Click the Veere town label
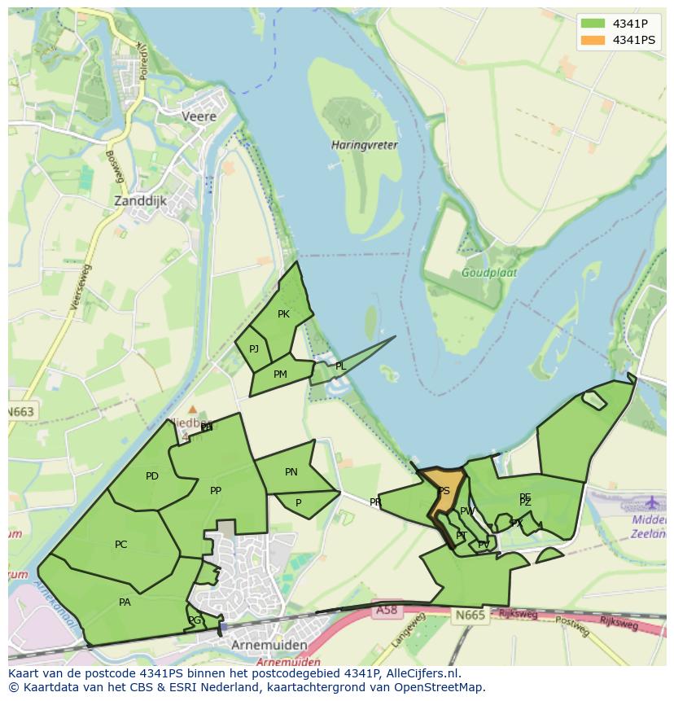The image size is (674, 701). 199,116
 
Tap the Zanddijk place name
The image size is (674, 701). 142,199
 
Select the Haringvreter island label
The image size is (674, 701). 365,145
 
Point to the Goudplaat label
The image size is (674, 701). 489,273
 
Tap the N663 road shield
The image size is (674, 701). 21,412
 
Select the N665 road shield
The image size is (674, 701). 470,615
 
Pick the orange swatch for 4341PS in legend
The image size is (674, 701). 593,40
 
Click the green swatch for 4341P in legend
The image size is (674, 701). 593,23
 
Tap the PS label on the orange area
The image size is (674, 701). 444,491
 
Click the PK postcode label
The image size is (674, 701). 283,314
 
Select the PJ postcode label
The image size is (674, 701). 254,349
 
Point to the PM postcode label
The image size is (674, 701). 280,375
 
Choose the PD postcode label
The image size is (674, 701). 152,476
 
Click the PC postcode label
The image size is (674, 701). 121,545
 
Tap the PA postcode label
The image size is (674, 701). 125,602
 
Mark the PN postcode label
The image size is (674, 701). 291,472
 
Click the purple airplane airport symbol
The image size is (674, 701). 653,502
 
